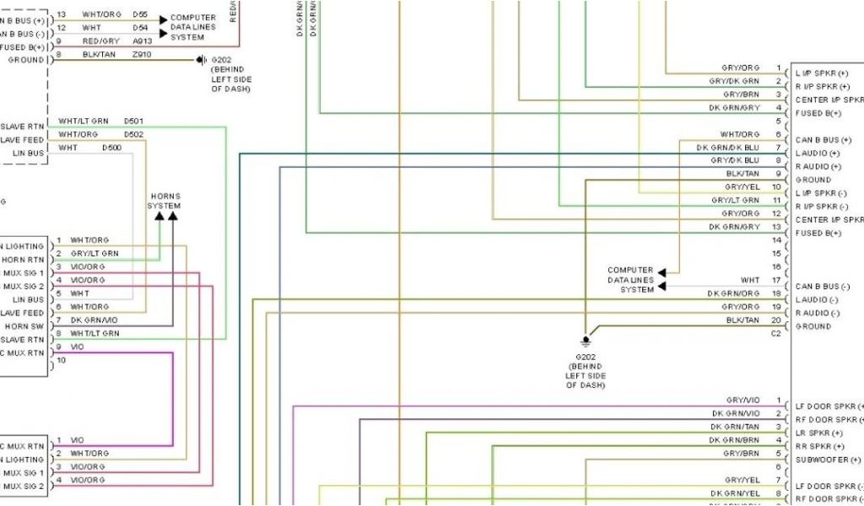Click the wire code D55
[x=140, y=15]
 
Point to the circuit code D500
[x=111, y=148]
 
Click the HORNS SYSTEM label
[x=164, y=201]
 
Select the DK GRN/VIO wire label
[x=94, y=320]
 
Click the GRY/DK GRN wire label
[x=734, y=81]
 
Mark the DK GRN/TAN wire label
[x=734, y=427]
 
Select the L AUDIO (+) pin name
[x=817, y=153]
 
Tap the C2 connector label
[x=776, y=333]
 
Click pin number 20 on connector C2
[x=776, y=320]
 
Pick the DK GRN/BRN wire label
[x=734, y=440]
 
